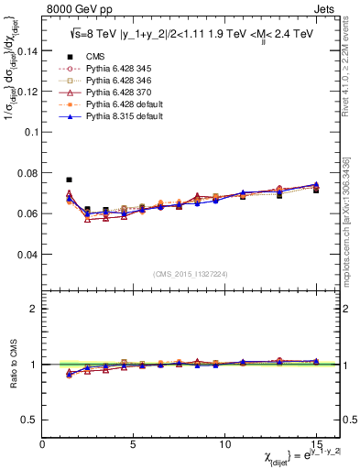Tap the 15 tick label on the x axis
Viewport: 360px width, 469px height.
[x=315, y=442]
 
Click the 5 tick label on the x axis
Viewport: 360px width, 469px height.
[x=134, y=442]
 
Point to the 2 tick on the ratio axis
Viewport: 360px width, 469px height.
[x=34, y=309]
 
